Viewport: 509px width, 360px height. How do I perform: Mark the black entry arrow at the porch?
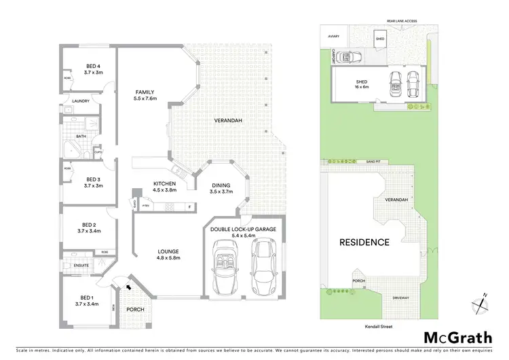(x=130, y=287)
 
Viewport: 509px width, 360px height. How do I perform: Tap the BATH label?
(x=81, y=136)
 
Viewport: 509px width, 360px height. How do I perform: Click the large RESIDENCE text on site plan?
(x=364, y=242)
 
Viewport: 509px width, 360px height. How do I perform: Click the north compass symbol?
(x=480, y=303)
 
